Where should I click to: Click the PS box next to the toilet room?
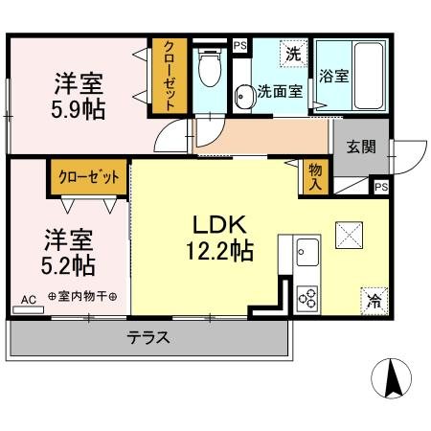[238, 44]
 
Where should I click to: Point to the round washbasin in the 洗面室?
[241, 94]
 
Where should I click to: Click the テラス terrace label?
[148, 337]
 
